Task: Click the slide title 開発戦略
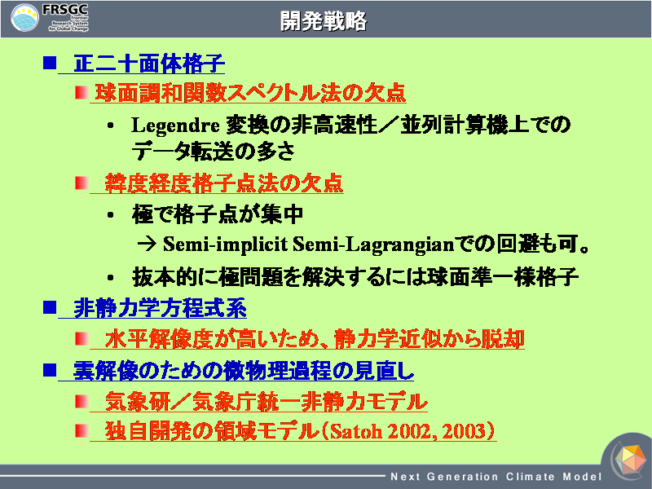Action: click(x=323, y=21)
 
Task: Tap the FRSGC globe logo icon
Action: click(x=24, y=17)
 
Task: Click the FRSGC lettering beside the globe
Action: click(x=65, y=10)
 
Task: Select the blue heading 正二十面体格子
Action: click(x=149, y=64)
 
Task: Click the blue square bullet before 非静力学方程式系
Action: click(x=50, y=308)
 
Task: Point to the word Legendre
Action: click(x=175, y=126)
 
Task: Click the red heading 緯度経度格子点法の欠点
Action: click(x=223, y=183)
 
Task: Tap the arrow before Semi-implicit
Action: click(x=147, y=244)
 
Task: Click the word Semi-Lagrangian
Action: click(x=373, y=244)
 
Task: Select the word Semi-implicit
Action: click(x=225, y=244)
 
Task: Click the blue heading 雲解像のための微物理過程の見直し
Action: click(x=243, y=371)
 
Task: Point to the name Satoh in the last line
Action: click(x=356, y=431)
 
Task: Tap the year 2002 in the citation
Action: click(x=408, y=431)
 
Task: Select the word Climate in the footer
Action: click(x=531, y=477)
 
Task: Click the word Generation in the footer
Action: click(x=462, y=477)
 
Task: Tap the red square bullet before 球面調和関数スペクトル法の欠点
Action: click(x=81, y=92)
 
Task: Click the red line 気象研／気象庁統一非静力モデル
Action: click(x=267, y=401)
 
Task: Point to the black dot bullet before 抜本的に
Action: click(x=110, y=278)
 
